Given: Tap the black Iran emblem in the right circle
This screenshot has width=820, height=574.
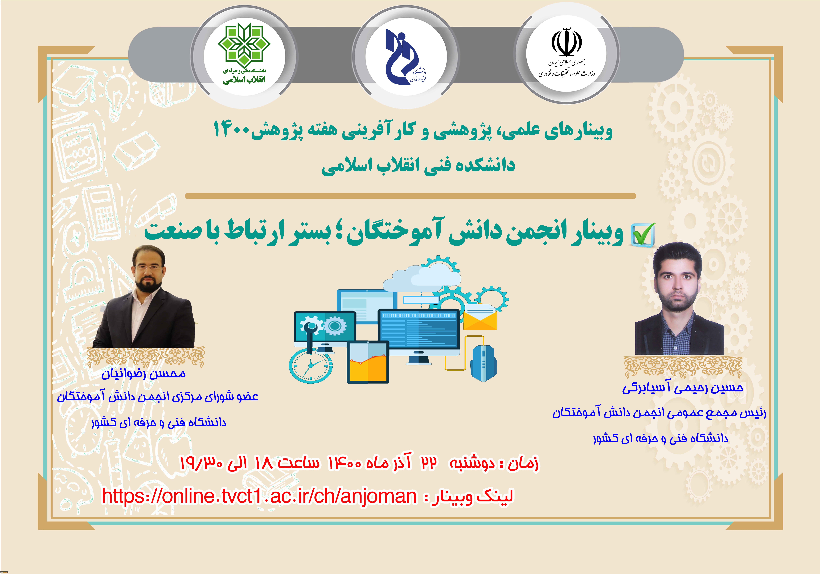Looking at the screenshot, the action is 567,42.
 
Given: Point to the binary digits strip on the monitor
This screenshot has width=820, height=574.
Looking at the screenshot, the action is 419,315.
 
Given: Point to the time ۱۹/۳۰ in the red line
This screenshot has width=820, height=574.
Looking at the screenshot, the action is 201,463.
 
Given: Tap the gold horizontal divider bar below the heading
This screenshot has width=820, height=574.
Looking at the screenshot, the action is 410,196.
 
